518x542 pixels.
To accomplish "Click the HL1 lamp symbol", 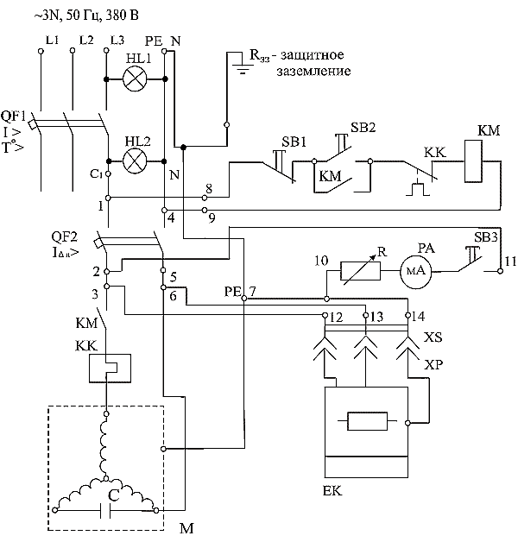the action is (x=135, y=79).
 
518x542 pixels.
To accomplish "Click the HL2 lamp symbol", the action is (x=135, y=161).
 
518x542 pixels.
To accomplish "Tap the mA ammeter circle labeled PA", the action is (x=416, y=271).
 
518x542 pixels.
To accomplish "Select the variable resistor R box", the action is (x=360, y=271).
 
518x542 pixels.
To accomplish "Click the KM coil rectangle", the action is (x=473, y=161).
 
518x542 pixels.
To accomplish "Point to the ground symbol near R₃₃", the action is (x=243, y=69).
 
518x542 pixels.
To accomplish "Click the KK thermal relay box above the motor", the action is (x=110, y=369).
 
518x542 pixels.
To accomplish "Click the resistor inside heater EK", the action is (x=367, y=421).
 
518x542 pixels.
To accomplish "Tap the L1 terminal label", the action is (x=52, y=40).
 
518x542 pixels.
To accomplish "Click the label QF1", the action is (x=14, y=116).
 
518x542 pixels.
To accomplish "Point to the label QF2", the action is (x=64, y=236).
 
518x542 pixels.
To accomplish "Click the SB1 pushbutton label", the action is (x=294, y=142).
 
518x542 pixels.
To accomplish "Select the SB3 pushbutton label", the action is (x=485, y=237).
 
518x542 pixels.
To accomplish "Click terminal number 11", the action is (x=510, y=261).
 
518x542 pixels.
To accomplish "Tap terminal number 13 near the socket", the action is (x=376, y=317).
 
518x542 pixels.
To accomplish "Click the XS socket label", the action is (x=433, y=337).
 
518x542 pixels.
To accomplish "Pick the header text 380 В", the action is (x=122, y=16).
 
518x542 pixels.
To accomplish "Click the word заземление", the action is (x=313, y=72).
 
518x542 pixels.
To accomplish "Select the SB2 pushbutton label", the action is (x=363, y=127).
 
